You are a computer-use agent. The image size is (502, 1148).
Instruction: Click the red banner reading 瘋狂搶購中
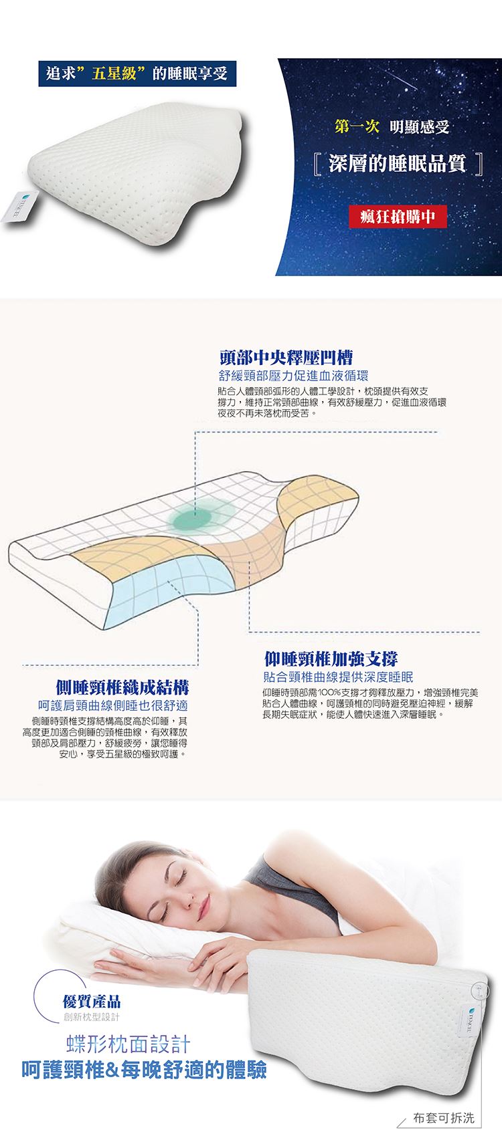tap(398, 217)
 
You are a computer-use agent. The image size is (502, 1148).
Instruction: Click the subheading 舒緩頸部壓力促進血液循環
tap(293, 376)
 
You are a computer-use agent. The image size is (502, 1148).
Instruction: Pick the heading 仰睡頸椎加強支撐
tap(331, 659)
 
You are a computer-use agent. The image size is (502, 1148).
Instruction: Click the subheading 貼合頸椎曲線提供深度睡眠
tap(338, 677)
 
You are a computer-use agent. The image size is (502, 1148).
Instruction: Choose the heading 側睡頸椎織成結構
tap(122, 687)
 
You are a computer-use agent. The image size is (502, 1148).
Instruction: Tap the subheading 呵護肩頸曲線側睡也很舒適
tap(113, 706)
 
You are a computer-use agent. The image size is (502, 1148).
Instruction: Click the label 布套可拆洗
tap(443, 1118)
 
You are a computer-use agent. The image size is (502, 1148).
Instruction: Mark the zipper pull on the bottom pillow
tap(477, 986)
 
